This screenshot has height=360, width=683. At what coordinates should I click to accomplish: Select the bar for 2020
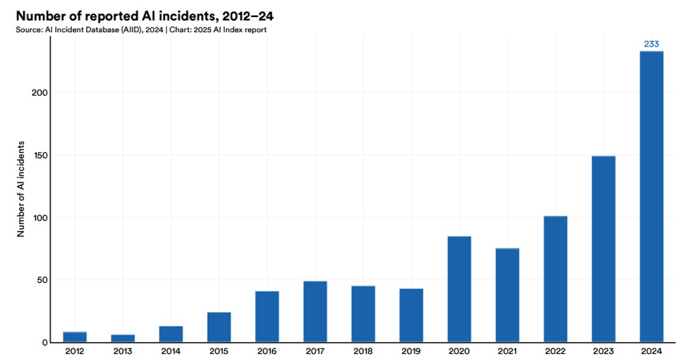tap(459, 289)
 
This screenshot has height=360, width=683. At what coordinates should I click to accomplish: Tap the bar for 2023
tap(603, 249)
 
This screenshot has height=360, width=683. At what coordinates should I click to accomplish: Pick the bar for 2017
tap(315, 311)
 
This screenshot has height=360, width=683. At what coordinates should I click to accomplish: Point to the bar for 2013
tap(123, 338)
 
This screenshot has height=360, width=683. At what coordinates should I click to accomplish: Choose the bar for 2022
tap(555, 279)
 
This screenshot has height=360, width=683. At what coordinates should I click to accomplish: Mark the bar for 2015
tap(219, 327)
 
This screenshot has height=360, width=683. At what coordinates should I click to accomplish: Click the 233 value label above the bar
tap(651, 44)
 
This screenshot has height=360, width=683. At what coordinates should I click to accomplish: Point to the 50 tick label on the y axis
tap(41, 280)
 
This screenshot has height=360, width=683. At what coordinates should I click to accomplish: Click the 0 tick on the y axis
tap(44, 342)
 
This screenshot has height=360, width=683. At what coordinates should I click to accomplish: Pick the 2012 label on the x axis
tap(75, 351)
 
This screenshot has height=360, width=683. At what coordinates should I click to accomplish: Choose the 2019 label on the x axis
tap(411, 351)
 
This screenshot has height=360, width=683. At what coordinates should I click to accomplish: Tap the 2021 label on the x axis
tap(507, 351)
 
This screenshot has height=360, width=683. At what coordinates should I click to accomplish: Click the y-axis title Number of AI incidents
tap(20, 189)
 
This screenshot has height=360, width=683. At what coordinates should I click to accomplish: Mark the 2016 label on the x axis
tap(267, 351)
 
